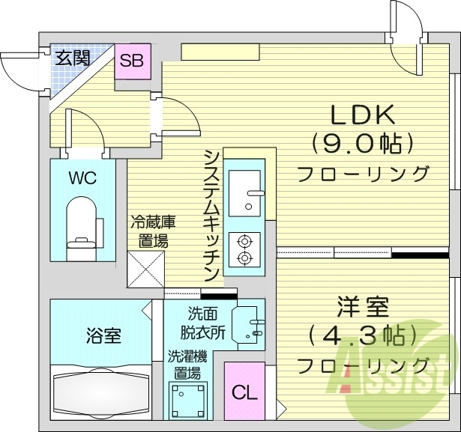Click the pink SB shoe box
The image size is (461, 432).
click(134, 61)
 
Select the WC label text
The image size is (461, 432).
click(82, 179)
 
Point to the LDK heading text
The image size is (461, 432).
click(363, 115)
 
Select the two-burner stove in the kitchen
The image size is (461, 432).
click(244, 249)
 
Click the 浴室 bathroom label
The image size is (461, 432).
click(103, 335)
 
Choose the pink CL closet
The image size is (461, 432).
click(244, 391)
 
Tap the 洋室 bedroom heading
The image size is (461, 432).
click(362, 306)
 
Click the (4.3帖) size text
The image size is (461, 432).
click(362, 335)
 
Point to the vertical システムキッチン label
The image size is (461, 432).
click(211, 214)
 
